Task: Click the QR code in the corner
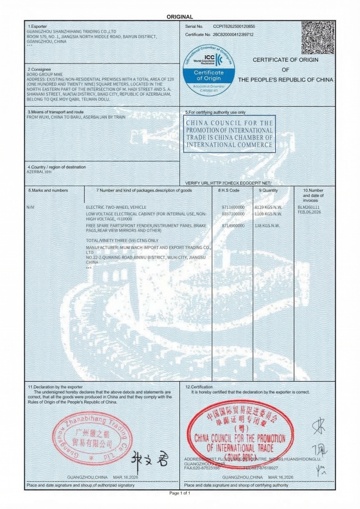[x=318, y=37]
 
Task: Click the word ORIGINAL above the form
[x=180, y=17]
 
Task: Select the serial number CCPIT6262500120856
[x=234, y=26]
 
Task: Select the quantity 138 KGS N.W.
[x=267, y=225]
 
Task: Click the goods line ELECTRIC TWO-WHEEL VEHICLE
[x=116, y=208]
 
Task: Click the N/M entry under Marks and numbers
[x=30, y=208]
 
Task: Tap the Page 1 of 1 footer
[x=180, y=493]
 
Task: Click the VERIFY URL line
[x=228, y=182]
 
